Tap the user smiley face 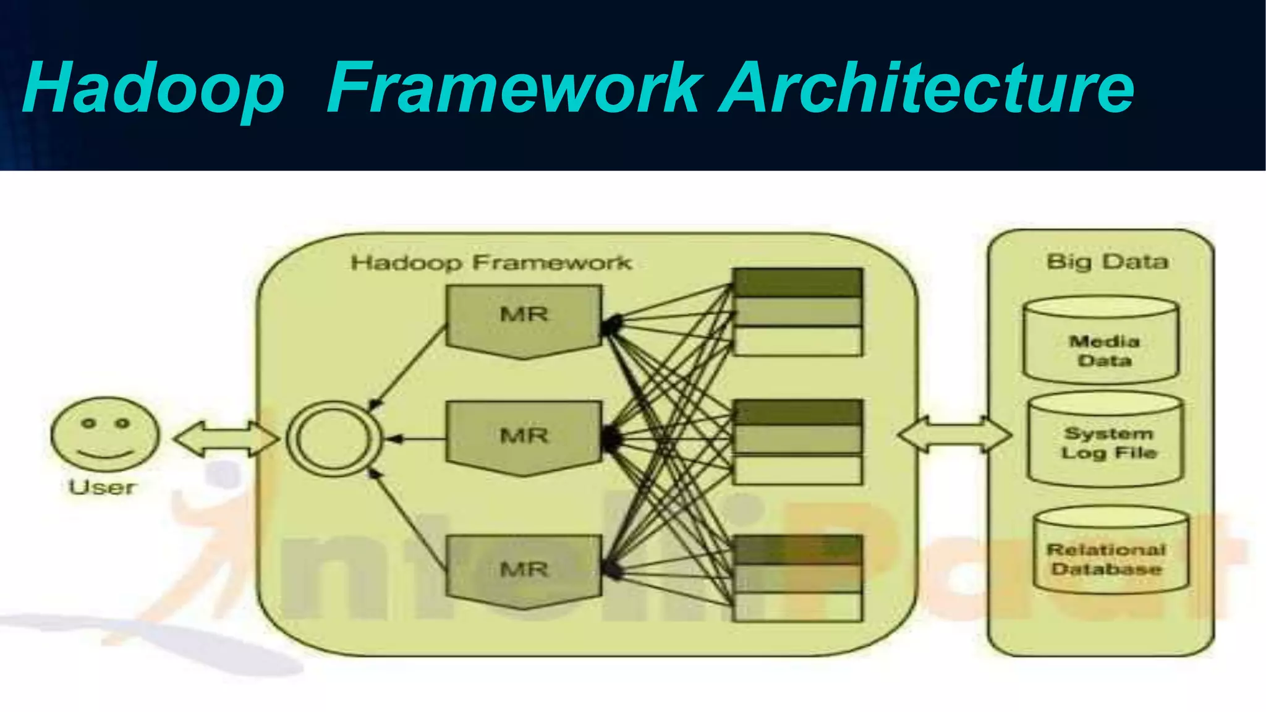pyautogui.click(x=104, y=434)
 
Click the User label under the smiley pyautogui.click(x=102, y=488)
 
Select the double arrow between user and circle pyautogui.click(x=226, y=439)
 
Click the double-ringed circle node pyautogui.click(x=333, y=438)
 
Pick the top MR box pyautogui.click(x=524, y=318)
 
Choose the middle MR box pyautogui.click(x=524, y=436)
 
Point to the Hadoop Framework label pyautogui.click(x=491, y=263)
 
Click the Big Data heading pyautogui.click(x=1107, y=261)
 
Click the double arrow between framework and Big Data pyautogui.click(x=954, y=434)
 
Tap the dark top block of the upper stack pyautogui.click(x=797, y=282)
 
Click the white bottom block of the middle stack pyautogui.click(x=797, y=470)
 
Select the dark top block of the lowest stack pyautogui.click(x=797, y=549)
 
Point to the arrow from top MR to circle pyautogui.click(x=408, y=368)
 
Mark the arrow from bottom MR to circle pyautogui.click(x=408, y=519)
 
